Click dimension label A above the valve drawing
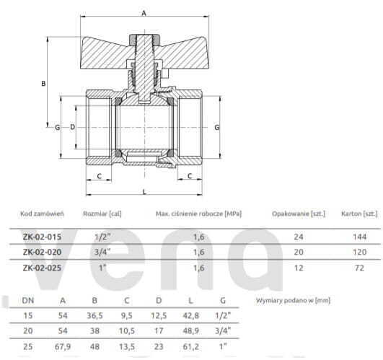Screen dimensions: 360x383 (144, 13)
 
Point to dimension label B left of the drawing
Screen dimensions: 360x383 (43, 84)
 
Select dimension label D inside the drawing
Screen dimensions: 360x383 (72, 126)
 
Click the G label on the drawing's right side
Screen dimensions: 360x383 (216, 126)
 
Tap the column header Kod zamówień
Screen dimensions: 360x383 (43, 214)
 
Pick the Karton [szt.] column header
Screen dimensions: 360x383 (360, 214)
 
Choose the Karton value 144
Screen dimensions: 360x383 (358, 237)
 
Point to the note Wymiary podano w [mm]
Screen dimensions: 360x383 (291, 299)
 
